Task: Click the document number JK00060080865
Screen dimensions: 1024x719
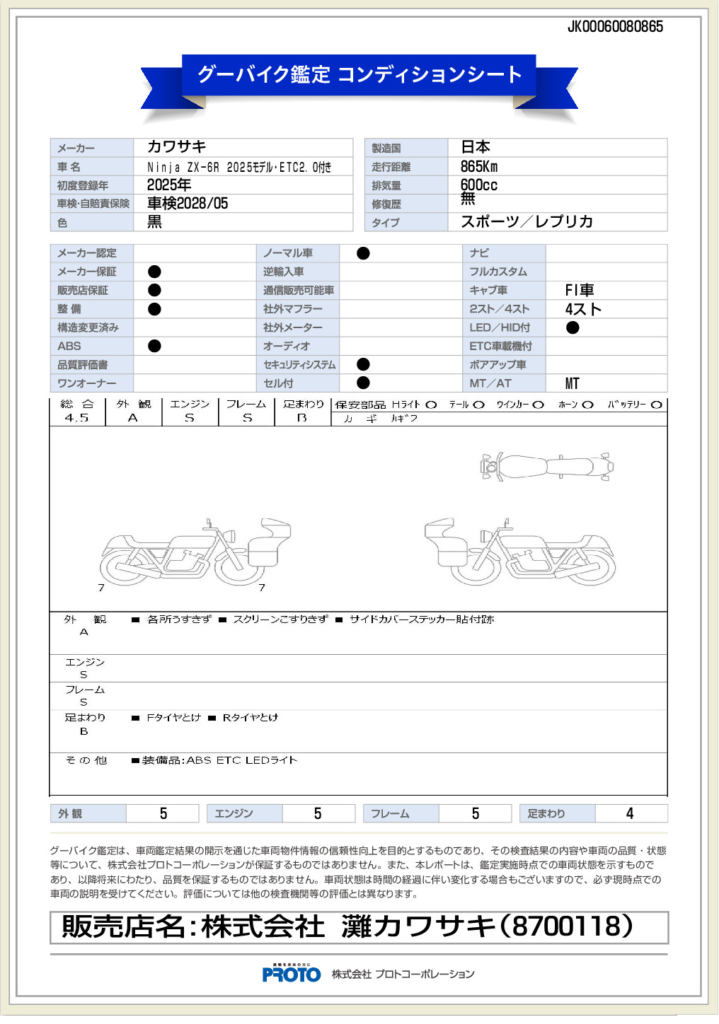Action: tap(615, 27)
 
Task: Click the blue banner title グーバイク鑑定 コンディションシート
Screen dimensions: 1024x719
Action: tap(359, 74)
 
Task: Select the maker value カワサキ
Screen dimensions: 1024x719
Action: tap(176, 147)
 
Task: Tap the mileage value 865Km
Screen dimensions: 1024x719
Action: tap(479, 167)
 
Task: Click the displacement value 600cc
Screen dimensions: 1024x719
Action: tap(479, 185)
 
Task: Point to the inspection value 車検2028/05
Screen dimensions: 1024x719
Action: tap(188, 204)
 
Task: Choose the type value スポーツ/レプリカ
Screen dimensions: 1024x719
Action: tap(527, 222)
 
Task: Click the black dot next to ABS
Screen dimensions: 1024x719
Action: tap(154, 346)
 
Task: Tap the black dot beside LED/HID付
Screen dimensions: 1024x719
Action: tap(573, 327)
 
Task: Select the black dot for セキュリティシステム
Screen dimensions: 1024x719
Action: tap(363, 364)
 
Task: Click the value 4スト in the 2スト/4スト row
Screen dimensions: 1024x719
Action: tap(583, 309)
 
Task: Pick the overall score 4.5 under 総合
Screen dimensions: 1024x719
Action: tap(76, 418)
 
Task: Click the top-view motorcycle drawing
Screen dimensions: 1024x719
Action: tap(546, 467)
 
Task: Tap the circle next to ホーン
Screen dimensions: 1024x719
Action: tap(587, 405)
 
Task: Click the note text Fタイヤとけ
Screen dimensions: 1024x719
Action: tap(173, 718)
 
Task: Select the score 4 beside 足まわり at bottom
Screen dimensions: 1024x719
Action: tap(630, 814)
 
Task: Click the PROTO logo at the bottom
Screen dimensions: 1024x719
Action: tap(292, 974)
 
